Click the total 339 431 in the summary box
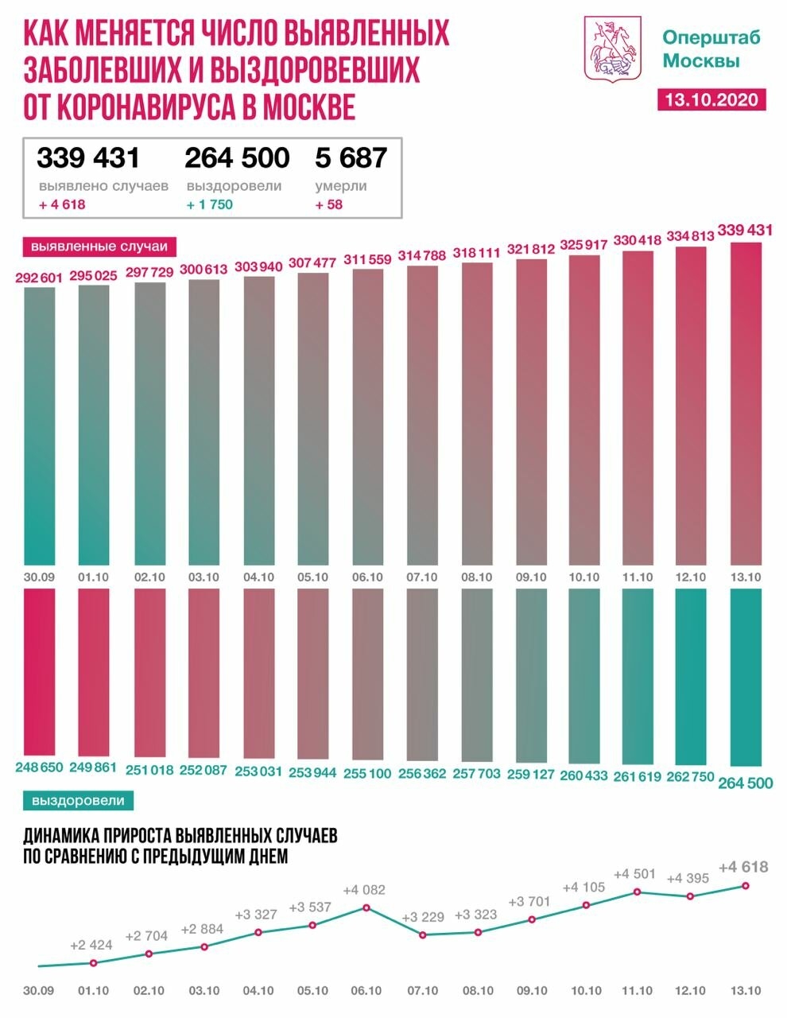(x=87, y=157)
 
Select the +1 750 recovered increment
(x=210, y=204)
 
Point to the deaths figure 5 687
(x=351, y=157)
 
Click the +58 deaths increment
(x=328, y=204)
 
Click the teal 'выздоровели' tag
(x=79, y=800)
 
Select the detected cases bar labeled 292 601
(x=40, y=425)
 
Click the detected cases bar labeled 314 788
(x=422, y=414)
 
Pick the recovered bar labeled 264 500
(x=745, y=676)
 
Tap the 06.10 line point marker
(x=366, y=907)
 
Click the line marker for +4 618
(x=746, y=885)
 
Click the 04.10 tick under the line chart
(x=258, y=991)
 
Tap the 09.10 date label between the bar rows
(x=531, y=577)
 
